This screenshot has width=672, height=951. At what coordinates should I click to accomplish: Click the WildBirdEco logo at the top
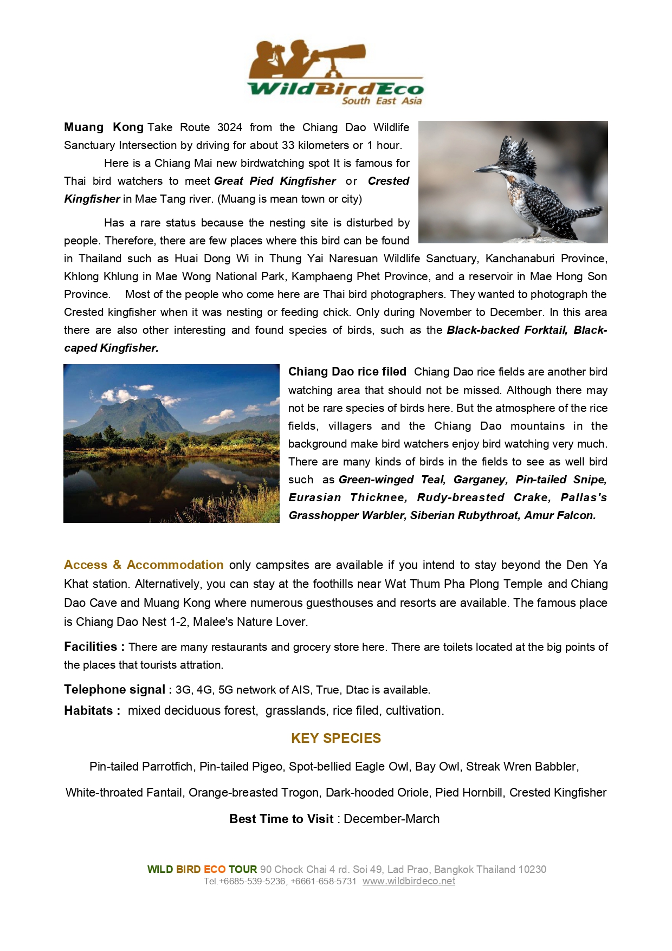335,72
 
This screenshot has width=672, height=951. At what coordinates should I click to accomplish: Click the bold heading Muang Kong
104,127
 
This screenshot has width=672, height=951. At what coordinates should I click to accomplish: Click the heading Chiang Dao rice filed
347,372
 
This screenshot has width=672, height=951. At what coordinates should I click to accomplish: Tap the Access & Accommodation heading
144,565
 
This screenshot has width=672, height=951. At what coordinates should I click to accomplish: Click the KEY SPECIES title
336,738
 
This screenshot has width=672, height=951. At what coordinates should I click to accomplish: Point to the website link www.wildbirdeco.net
409,881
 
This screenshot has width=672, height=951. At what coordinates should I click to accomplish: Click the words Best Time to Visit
281,819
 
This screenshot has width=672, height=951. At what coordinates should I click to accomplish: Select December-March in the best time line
391,819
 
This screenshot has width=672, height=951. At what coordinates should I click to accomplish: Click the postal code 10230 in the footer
532,869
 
